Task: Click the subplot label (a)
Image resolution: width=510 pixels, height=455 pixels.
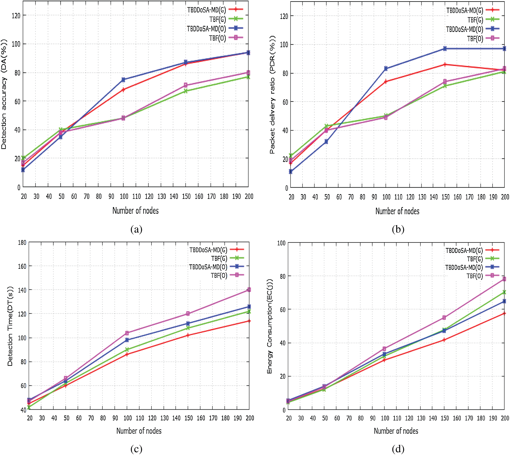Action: [136, 229]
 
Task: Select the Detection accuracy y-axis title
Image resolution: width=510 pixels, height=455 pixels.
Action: [4, 94]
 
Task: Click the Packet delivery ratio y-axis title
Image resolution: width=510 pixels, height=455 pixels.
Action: [272, 95]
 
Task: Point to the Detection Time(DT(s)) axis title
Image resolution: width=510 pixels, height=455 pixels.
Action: [10, 326]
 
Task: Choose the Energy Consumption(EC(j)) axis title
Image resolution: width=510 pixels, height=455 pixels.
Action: [269, 326]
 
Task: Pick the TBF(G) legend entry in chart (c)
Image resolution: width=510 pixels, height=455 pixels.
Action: [219, 258]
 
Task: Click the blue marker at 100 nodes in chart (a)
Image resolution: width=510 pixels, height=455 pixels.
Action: [123, 80]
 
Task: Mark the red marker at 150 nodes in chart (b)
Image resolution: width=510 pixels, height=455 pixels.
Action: [445, 64]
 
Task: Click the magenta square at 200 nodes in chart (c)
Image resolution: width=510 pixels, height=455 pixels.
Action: [249, 290]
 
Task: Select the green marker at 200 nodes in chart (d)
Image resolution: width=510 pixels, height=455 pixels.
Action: [504, 292]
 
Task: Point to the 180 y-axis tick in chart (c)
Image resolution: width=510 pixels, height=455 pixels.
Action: [22, 242]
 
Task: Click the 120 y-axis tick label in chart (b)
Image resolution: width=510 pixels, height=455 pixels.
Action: [284, 16]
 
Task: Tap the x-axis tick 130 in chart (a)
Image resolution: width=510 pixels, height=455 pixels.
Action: [161, 196]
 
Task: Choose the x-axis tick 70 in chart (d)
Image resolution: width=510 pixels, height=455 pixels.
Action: [349, 418]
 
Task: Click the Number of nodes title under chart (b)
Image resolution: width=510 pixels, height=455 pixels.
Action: [397, 211]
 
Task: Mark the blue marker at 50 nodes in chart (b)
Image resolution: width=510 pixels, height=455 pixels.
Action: [326, 142]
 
